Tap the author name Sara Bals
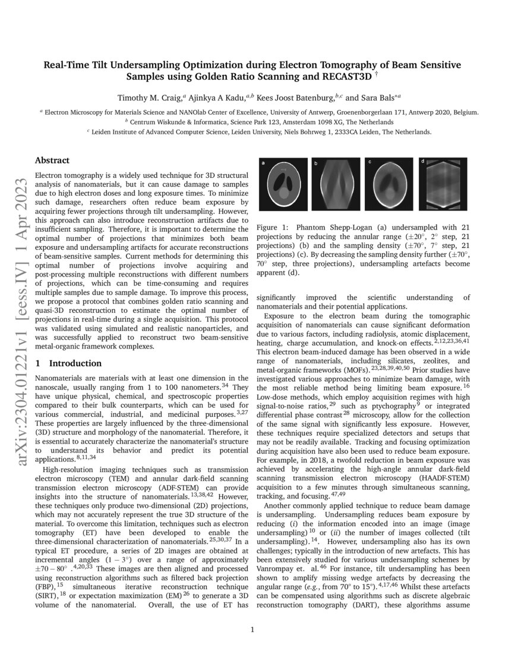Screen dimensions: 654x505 coord(379,97)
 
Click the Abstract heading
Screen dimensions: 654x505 coord(52,161)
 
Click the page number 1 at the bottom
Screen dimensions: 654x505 coord(252,630)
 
